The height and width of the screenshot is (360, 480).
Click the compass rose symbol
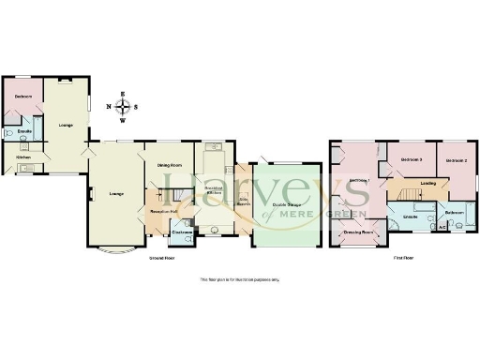tap(122, 106)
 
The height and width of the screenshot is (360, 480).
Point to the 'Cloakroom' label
tap(183, 232)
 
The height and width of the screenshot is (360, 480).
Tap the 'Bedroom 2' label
tap(456, 160)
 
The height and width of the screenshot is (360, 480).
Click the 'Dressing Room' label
tap(358, 232)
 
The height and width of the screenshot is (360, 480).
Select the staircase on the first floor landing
tap(406, 194)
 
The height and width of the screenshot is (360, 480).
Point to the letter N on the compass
tap(110, 106)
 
